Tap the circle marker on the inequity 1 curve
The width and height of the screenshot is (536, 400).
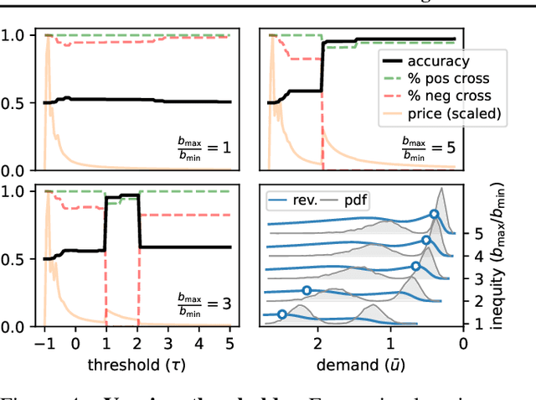[282, 314]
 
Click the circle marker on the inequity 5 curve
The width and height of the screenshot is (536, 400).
[435, 215]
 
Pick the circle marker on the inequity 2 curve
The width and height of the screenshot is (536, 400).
[307, 290]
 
